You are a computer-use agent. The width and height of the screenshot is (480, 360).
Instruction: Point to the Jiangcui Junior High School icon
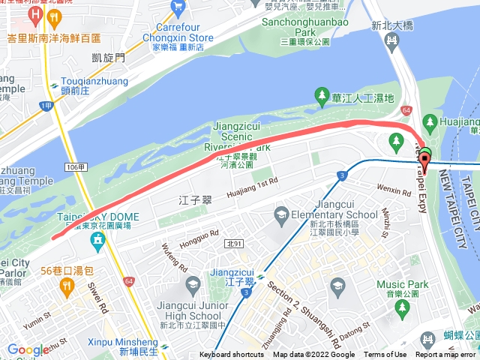(x=193, y=283)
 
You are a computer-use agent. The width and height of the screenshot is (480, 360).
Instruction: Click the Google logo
(x=28, y=349)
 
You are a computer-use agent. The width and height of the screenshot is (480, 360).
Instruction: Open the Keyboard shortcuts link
(x=232, y=355)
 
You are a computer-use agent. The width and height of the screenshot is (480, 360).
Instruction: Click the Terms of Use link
(x=385, y=355)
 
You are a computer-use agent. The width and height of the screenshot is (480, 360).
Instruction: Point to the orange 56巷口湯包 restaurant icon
(x=66, y=285)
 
